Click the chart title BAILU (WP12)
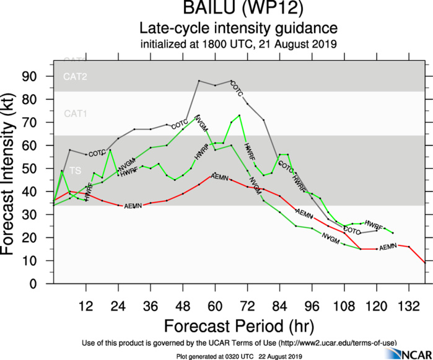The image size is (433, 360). click(x=238, y=10)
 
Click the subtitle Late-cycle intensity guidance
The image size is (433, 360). click(x=238, y=29)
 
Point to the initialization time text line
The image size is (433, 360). click(x=238, y=44)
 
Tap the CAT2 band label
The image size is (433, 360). click(x=75, y=77)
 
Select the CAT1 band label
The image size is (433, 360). click(x=75, y=114)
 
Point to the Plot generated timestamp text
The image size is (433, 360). click(x=238, y=355)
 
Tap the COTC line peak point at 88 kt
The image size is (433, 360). click(x=199, y=81)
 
